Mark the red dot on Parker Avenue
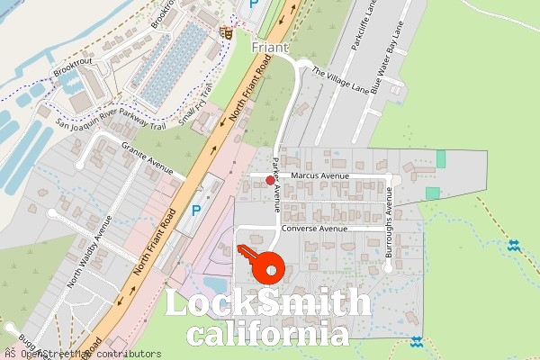pyautogui.click(x=270, y=180)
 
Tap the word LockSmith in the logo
pyautogui.click(x=268, y=305)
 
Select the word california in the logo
pyautogui.click(x=268, y=335)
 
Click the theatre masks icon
pyautogui.click(x=228, y=33)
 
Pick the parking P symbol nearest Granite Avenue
pyautogui.click(x=195, y=211)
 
